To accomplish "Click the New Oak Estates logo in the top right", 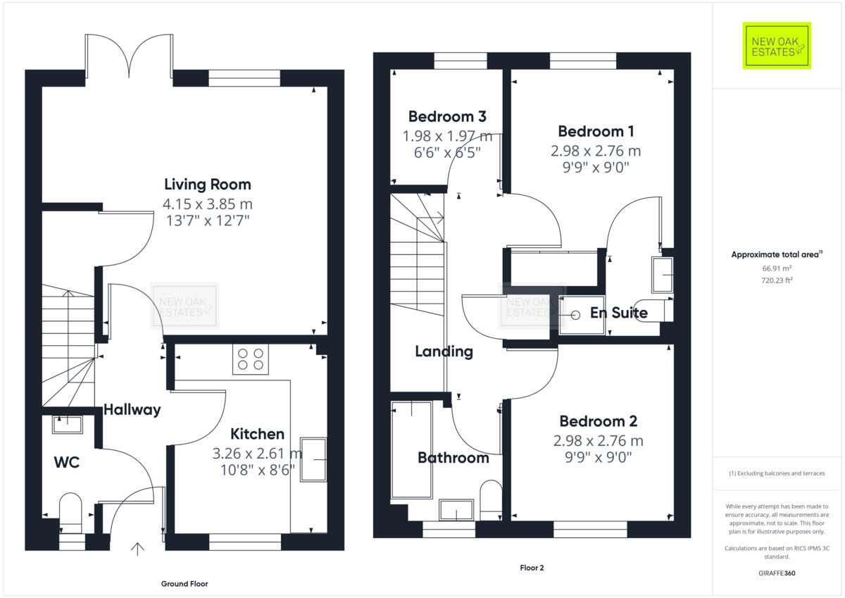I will click(x=777, y=46).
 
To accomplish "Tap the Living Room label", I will click(x=207, y=185).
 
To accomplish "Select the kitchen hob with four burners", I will click(x=251, y=359).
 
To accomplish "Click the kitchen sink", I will click(x=313, y=460).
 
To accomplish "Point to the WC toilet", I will click(x=70, y=511).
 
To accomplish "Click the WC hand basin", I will click(x=67, y=423).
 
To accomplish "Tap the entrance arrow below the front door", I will click(x=137, y=548).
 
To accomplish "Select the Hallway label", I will click(x=132, y=409).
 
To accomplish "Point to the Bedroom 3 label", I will click(x=447, y=116).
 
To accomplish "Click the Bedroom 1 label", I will click(x=591, y=131).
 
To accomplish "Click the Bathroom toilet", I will click(x=490, y=497).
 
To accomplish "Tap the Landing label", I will click(x=444, y=351).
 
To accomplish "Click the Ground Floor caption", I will click(x=184, y=583).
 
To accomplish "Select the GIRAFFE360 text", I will click(x=777, y=573).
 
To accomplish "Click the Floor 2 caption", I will click(x=532, y=568).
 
